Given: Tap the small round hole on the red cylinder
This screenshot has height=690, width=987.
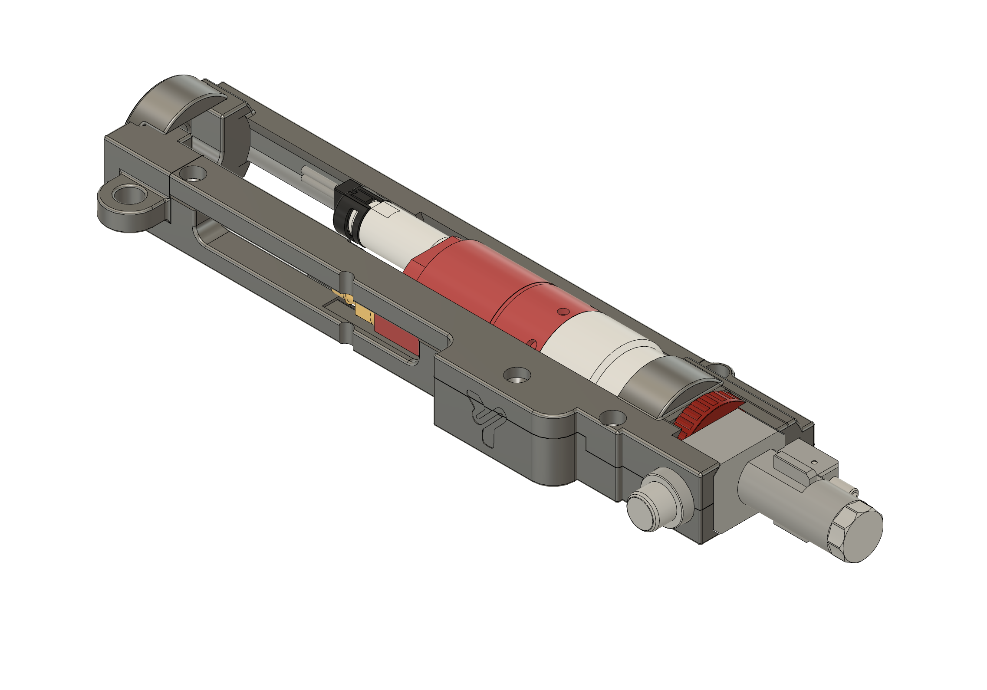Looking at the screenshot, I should (x=563, y=311).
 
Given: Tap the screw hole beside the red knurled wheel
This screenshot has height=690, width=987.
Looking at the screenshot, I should (x=612, y=418).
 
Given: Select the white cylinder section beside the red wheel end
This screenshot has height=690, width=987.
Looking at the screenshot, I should (x=603, y=347).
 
